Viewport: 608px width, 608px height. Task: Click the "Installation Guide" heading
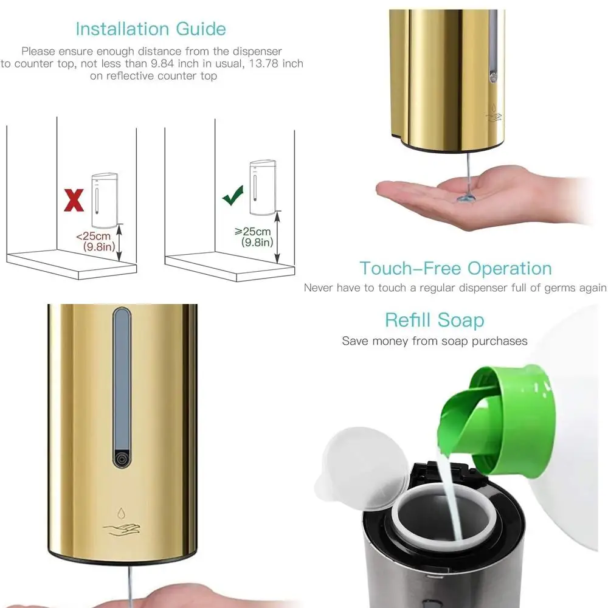click(x=150, y=29)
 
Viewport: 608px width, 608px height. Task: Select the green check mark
click(x=232, y=196)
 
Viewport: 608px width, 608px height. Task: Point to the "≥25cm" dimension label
click(x=254, y=231)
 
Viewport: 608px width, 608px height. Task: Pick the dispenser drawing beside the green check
click(x=263, y=187)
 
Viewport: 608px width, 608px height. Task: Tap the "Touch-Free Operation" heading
click(x=455, y=268)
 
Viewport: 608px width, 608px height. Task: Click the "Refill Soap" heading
click(x=434, y=320)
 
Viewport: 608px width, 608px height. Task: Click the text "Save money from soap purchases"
click(x=434, y=341)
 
